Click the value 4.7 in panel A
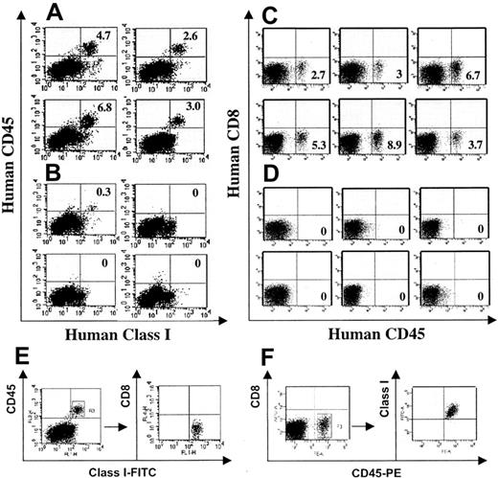tap(107, 41)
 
